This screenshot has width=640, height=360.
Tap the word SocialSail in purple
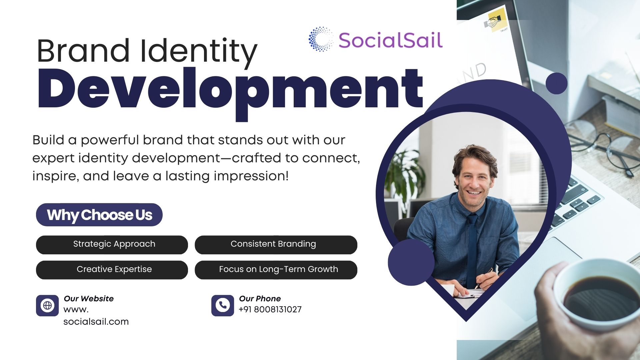tap(391, 40)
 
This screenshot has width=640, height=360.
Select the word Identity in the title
tap(199, 51)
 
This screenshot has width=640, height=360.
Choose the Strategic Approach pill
tap(112, 245)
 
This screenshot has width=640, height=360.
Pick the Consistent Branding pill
tap(276, 245)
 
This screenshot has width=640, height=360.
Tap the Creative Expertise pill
tap(112, 270)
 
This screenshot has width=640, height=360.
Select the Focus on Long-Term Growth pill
tap(276, 270)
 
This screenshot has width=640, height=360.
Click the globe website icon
tap(47, 305)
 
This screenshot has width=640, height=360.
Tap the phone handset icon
tap(223, 305)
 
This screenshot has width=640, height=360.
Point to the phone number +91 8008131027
tap(270, 310)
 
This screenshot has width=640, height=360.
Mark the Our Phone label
tap(260, 299)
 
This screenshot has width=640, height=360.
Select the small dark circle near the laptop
tap(556, 83)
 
